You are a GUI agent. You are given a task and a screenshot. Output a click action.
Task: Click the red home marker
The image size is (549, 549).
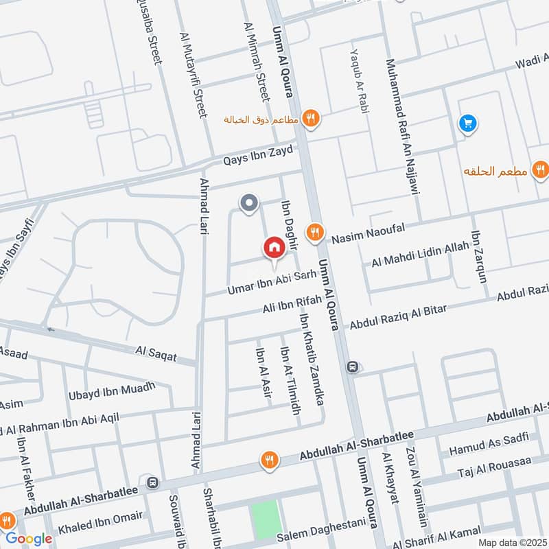pos(274,248)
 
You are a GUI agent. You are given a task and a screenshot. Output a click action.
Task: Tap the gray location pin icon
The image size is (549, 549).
pos(248,203)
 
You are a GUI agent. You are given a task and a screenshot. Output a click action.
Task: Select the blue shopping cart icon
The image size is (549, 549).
pos(468,124)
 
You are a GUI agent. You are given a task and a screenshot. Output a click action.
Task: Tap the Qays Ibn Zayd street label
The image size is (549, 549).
pos(258,156)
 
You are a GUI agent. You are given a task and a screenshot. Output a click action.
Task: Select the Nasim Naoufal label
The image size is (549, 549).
pos(369,233)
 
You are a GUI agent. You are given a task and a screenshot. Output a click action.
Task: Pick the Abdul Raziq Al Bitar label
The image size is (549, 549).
pos(398,316)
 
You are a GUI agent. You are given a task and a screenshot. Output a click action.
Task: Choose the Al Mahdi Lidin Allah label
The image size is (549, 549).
pos(420,256)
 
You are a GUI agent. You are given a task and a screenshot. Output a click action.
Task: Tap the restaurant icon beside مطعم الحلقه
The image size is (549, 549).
pos(539,170)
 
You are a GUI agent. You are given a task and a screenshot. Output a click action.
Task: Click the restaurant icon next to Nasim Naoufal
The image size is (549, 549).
pos(315,232)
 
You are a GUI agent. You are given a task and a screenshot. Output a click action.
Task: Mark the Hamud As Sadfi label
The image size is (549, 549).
pos(488,445)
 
